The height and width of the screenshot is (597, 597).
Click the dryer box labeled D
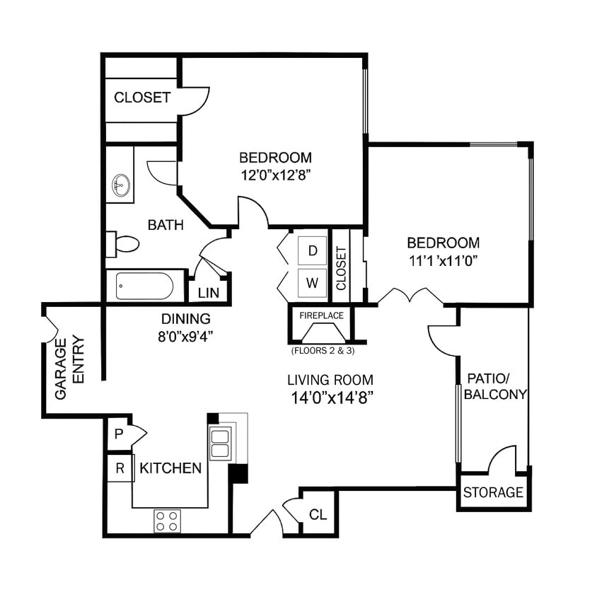[312, 250]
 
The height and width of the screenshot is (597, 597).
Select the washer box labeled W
[312, 282]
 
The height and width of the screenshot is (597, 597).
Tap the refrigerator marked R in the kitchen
[120, 468]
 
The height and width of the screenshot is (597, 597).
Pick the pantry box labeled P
[118, 434]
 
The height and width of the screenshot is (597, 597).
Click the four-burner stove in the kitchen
[167, 521]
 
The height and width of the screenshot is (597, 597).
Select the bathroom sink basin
[120, 186]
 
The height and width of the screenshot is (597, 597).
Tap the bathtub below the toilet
[145, 286]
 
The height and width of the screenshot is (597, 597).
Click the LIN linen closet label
[208, 293]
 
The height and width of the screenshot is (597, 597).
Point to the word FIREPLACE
[322, 315]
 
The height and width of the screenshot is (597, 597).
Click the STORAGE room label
[493, 492]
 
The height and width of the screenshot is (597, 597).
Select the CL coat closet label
[318, 514]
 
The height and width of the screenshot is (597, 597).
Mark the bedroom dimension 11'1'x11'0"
[444, 260]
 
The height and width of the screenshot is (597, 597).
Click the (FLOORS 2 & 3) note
[322, 350]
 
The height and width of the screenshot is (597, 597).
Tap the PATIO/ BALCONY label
[495, 386]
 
